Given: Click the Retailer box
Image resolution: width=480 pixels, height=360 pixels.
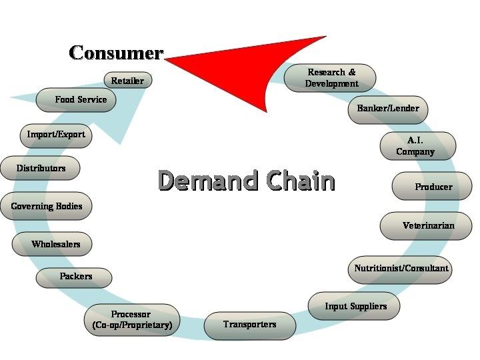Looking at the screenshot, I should point(127,81).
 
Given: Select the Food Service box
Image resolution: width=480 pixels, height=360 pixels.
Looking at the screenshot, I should point(81,99).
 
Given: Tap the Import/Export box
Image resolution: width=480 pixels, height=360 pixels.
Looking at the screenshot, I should point(56,135).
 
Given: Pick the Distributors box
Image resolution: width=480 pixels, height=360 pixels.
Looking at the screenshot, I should point(41,169).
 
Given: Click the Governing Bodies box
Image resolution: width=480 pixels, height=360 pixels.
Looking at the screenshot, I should point(46,206).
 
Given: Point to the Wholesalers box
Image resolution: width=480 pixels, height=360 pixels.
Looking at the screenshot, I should point(55,244).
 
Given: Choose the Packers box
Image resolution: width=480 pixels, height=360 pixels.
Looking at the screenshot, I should point(75,276).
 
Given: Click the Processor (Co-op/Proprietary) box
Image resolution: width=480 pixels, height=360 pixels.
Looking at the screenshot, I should point(131,320).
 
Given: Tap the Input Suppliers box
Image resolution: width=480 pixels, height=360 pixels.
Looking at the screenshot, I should point(355,306).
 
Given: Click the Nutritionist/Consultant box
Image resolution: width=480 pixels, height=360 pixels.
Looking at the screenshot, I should point(401,269).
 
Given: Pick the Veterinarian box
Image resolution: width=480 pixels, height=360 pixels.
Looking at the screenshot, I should point(428,225).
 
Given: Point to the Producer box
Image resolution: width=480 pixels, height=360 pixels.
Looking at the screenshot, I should point(433,187).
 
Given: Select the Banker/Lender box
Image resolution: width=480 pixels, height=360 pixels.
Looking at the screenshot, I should point(388,108).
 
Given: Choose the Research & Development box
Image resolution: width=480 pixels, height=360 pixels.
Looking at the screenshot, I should point(331,77).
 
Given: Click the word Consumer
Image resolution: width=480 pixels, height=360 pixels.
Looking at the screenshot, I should point(116,53).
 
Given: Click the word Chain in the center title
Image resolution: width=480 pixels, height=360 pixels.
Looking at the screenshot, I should point(299,180).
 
